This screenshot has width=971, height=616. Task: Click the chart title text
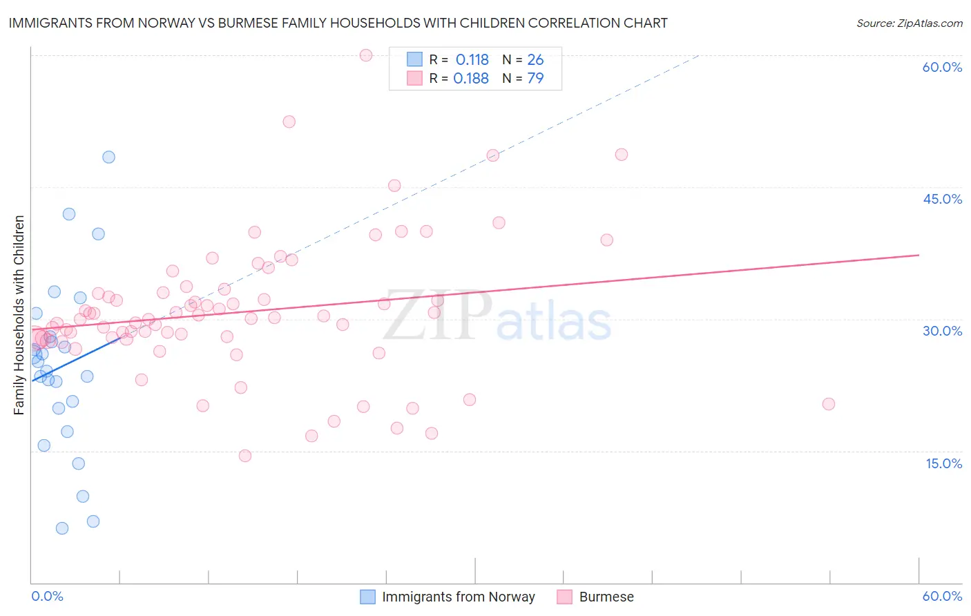338,23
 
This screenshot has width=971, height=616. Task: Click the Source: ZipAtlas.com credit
909,23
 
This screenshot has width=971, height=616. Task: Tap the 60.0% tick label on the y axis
942,67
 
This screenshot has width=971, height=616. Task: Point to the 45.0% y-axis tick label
942,199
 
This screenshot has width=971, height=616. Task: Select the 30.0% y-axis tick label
942,331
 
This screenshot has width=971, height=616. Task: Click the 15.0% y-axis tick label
943,463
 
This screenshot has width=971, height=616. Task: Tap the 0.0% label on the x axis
47,596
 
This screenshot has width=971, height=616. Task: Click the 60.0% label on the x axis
942,596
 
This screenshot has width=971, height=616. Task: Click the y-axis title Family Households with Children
19,315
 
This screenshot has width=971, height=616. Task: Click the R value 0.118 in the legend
472,60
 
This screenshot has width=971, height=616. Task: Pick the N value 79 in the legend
535,79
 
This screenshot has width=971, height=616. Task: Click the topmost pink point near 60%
366,55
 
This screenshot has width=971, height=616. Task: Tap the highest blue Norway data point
108,157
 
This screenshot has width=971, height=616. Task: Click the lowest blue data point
62,528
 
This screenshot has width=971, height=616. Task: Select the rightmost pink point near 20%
829,404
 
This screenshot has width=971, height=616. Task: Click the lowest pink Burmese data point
244,456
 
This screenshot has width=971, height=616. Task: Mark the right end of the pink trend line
919,255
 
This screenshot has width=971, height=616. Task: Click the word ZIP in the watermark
436,316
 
